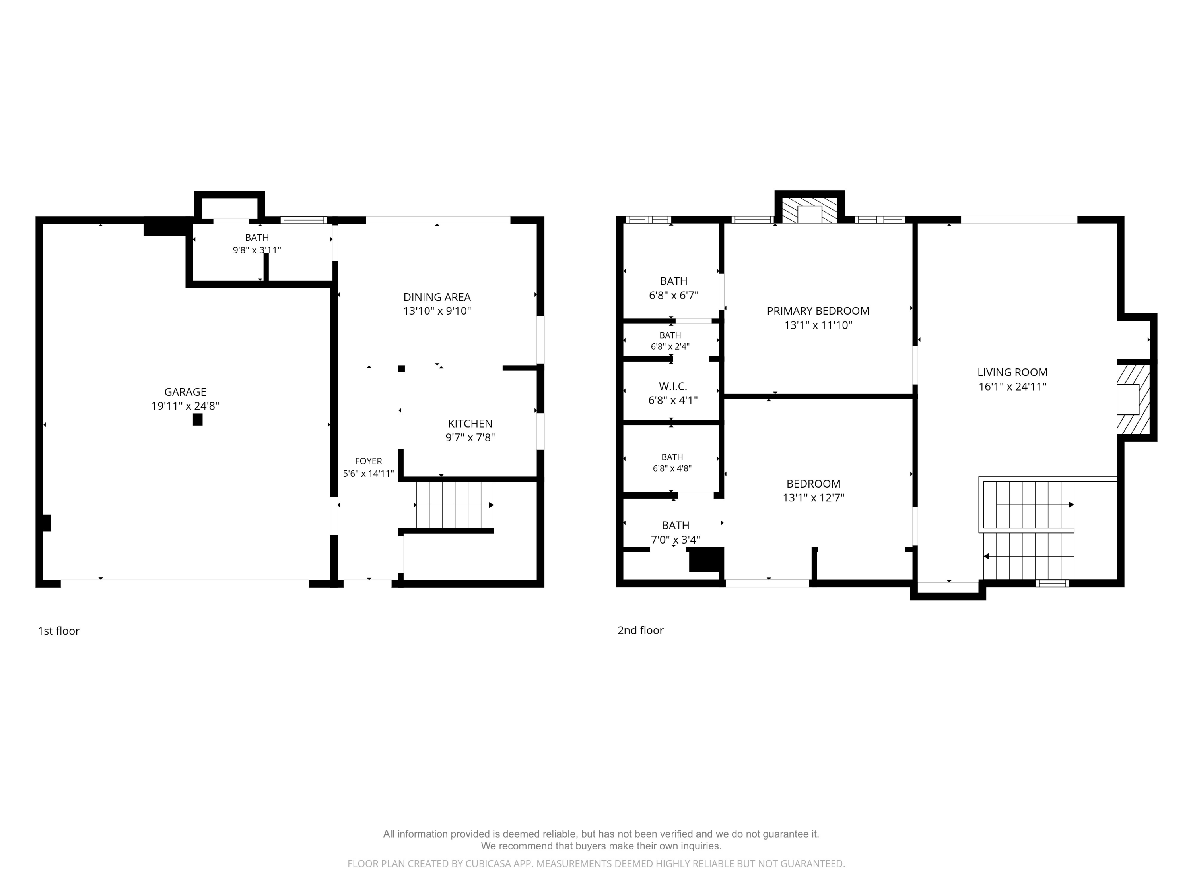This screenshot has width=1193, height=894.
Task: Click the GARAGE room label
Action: (x=185, y=392)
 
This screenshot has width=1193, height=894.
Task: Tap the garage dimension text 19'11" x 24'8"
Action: (x=185, y=406)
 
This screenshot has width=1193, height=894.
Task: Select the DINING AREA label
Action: (x=437, y=297)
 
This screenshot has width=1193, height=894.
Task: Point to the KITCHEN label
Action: (x=470, y=424)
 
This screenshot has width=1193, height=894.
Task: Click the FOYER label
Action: (x=368, y=461)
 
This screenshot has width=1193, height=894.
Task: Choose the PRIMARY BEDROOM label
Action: (x=818, y=311)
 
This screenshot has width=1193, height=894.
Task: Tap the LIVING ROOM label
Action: (x=1012, y=372)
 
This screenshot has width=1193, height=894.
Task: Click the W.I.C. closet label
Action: (x=672, y=386)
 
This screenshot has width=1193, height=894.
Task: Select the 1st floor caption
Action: (x=58, y=631)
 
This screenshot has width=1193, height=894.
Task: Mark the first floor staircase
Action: (x=455, y=505)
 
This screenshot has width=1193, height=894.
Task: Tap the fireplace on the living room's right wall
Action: (x=1133, y=399)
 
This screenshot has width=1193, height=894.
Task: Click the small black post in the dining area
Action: (x=401, y=369)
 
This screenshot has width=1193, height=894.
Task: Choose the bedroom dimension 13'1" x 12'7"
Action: (x=813, y=497)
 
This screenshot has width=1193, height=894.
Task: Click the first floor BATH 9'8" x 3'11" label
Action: (x=257, y=244)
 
